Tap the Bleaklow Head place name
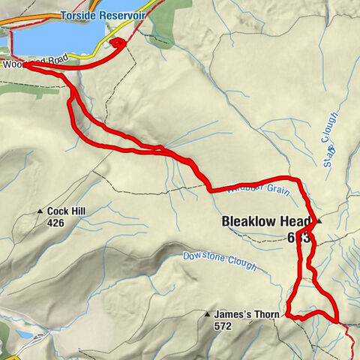(x=267, y=221)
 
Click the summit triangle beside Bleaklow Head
(x=319, y=221)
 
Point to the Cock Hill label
(x=68, y=212)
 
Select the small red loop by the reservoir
(x=117, y=44)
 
